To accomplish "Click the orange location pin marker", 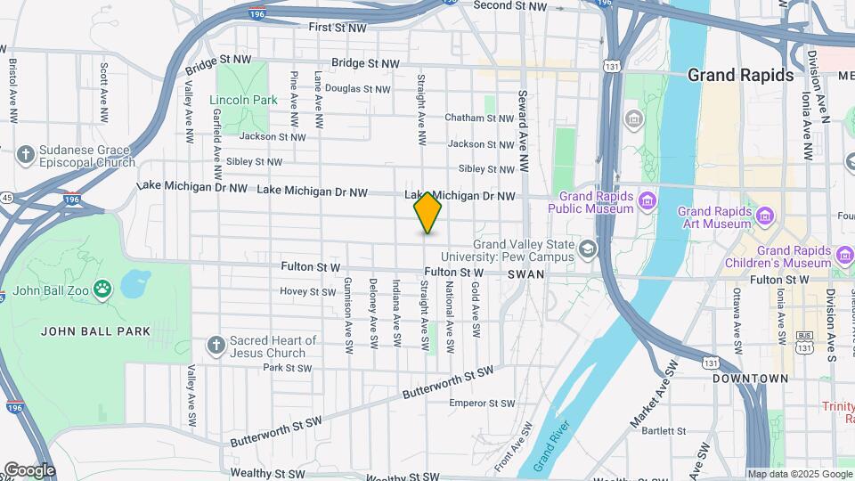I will coord(428,212).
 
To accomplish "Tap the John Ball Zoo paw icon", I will coord(104,288).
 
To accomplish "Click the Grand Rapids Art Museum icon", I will coord(763,216).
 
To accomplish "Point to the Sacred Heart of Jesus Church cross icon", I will coord(216,346).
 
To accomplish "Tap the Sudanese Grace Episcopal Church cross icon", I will coord(25,155).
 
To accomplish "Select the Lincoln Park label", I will coord(244,100).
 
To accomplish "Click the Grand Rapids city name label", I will coord(740,75).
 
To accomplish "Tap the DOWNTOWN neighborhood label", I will coord(750,379).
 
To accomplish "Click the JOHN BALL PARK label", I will coord(96,331).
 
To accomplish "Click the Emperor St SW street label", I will coord(482,404).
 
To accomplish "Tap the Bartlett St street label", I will coord(663,430).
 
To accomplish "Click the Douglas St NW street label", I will coord(357,88).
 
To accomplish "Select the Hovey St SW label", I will coord(307,291).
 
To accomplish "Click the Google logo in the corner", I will coord(28,469).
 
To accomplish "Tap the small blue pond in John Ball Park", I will coord(135,284).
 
